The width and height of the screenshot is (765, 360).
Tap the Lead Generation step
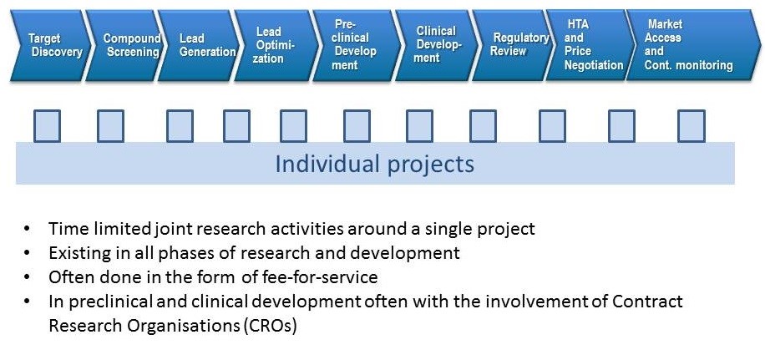200,45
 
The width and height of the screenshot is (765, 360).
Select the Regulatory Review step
513,45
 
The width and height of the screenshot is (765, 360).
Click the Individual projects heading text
375,164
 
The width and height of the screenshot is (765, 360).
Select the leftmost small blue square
47,126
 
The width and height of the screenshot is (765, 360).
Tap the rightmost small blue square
691,126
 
